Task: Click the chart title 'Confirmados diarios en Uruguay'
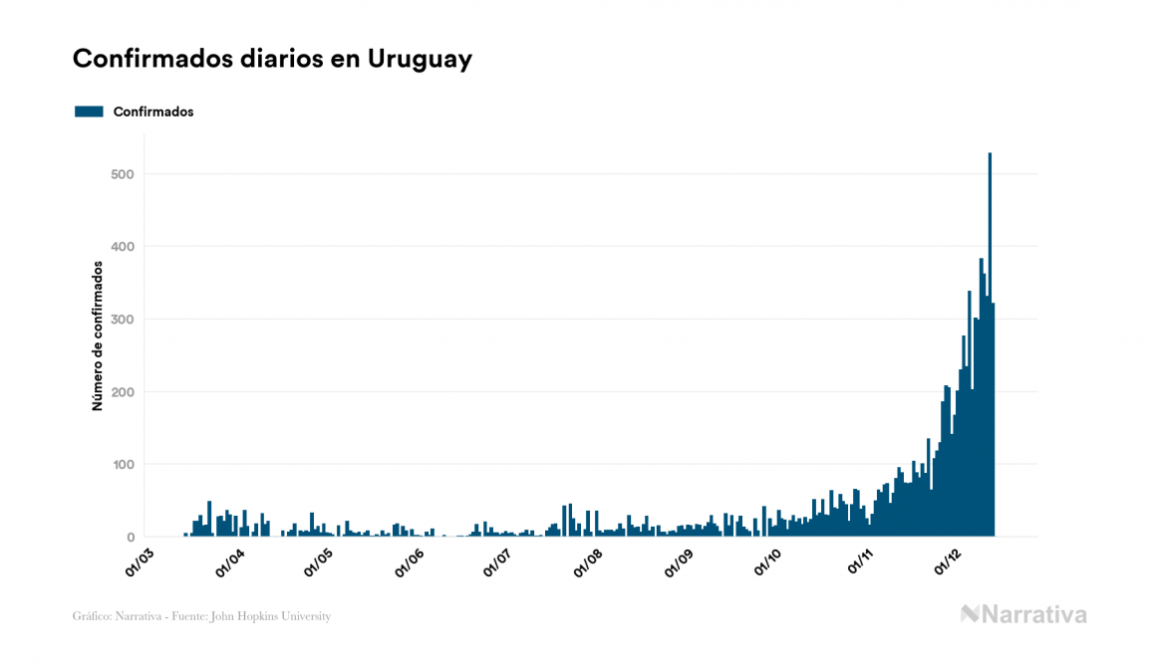272,59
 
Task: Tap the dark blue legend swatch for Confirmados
89,112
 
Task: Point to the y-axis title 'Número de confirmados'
98,336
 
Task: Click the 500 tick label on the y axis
123,174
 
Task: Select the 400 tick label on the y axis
123,247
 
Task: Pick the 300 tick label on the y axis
123,320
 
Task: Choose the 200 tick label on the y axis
123,392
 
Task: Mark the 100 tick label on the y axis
123,465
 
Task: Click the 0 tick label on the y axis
130,538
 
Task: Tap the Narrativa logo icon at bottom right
970,614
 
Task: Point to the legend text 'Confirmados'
153,112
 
